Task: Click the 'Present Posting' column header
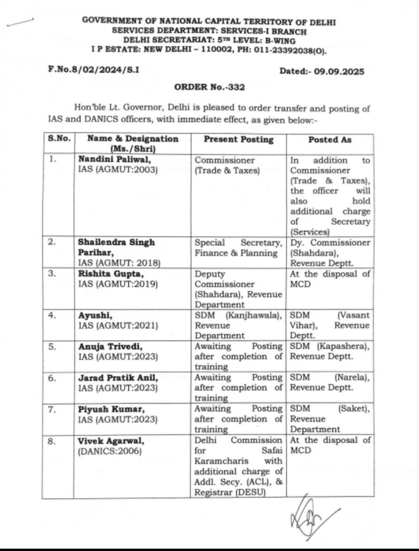(x=238, y=139)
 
